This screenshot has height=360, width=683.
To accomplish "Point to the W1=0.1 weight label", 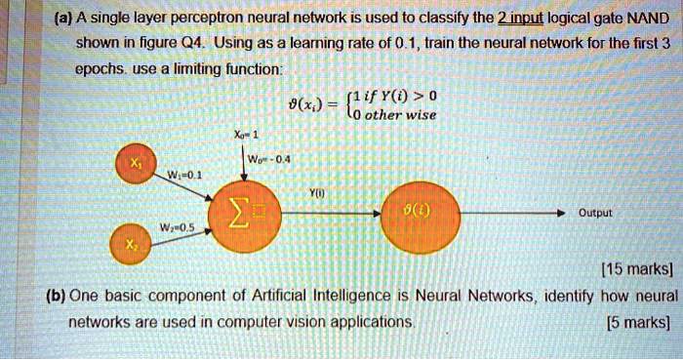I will point(183,175).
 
